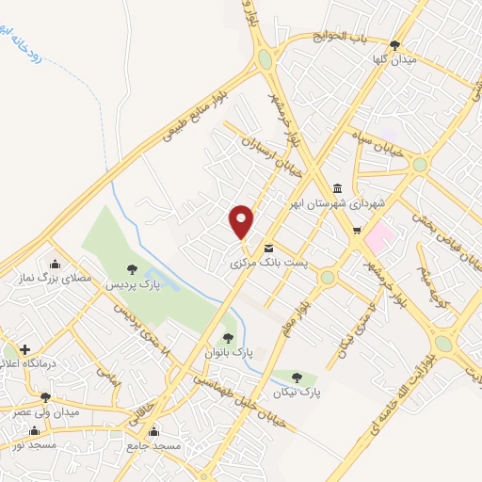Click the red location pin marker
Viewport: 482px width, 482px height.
click(242, 222)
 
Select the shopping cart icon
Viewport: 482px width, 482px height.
click(355, 230)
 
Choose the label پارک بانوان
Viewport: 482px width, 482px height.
click(227, 352)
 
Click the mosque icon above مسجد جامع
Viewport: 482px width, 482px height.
click(140, 431)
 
